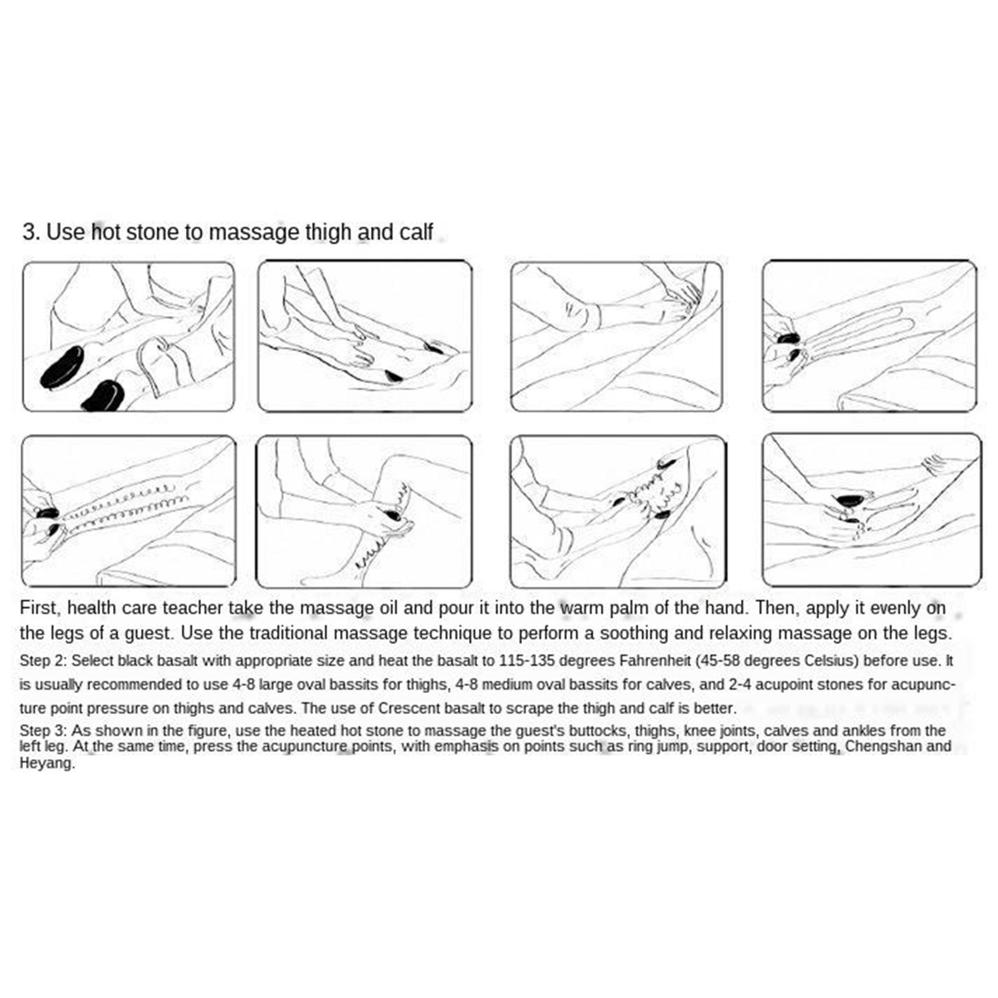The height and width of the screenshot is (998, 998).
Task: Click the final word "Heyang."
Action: click(x=47, y=763)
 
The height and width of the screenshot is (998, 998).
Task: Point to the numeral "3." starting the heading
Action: click(x=32, y=231)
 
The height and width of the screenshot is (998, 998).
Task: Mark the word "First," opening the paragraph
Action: click(x=39, y=608)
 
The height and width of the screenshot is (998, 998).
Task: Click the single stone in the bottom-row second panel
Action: click(x=393, y=515)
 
